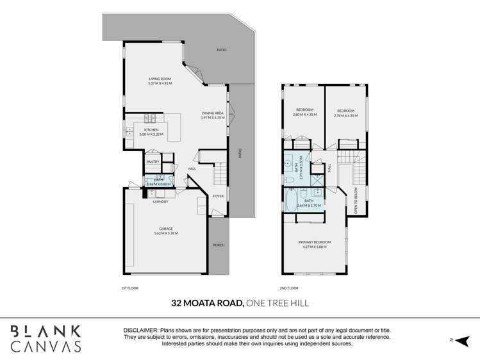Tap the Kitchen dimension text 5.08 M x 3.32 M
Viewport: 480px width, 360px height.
[151, 135]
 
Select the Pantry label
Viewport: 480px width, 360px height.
[153, 161]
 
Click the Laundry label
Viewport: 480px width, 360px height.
[160, 202]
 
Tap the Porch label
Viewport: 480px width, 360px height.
[218, 245]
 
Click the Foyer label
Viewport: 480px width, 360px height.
[218, 196]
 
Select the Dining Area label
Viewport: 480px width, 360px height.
[212, 113]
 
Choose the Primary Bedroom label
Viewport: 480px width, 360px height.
[313, 241]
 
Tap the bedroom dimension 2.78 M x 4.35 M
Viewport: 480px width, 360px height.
[345, 116]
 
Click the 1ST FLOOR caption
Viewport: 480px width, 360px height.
[130, 288]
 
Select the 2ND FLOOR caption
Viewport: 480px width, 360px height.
[290, 288]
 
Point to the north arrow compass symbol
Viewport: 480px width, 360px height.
[463, 339]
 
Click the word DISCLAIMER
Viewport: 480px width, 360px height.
[140, 330]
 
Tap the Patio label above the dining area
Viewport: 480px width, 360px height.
[221, 50]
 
